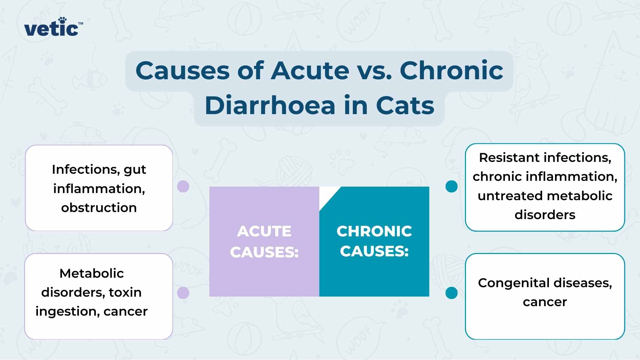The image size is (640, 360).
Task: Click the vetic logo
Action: (x=51, y=28)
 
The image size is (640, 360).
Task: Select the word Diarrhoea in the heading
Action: (x=270, y=105)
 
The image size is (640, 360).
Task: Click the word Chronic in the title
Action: (x=451, y=70)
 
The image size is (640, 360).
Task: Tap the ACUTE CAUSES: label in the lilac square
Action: (x=264, y=241)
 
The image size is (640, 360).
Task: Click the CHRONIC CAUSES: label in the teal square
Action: (x=374, y=241)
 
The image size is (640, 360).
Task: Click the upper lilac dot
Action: (x=183, y=186)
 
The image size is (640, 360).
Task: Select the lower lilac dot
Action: (x=183, y=293)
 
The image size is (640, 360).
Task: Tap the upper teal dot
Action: (x=451, y=186)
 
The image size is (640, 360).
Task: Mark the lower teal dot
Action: (x=451, y=293)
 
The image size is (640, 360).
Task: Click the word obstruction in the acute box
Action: (x=99, y=208)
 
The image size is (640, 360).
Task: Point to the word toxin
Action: (x=125, y=292)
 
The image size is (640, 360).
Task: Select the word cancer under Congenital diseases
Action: (x=545, y=302)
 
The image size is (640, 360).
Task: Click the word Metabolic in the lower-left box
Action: (x=91, y=273)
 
